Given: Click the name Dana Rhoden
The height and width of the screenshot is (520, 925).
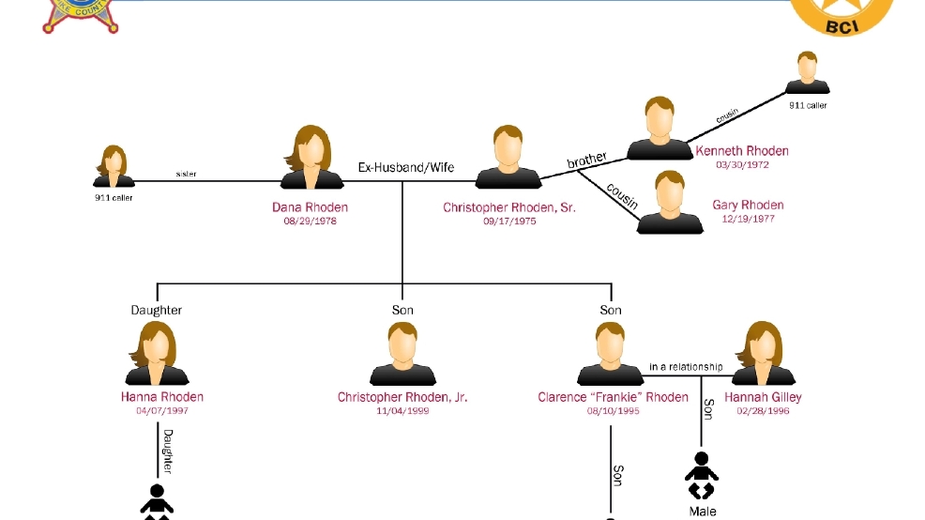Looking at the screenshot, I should click(310, 207).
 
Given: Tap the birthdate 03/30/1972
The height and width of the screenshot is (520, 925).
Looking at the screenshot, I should click(741, 165).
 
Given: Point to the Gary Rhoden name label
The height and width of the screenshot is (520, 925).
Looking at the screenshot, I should click(748, 206).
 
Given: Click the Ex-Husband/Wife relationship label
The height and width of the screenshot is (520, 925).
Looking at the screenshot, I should click(406, 168).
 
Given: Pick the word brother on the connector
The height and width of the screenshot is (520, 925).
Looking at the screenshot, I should click(587, 161).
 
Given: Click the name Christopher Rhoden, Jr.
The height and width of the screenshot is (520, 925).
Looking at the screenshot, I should click(402, 397).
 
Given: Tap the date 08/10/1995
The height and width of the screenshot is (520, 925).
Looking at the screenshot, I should click(613, 411).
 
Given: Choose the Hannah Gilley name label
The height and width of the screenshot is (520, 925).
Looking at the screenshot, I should click(764, 397).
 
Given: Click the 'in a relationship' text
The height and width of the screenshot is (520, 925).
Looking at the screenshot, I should click(686, 367).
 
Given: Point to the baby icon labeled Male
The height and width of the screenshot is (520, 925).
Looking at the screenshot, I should click(701, 475).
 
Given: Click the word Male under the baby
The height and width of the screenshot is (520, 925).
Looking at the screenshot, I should click(703, 512).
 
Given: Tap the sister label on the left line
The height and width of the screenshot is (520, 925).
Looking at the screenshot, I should click(187, 174).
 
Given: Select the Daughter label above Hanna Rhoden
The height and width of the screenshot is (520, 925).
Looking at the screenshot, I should click(157, 310).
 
